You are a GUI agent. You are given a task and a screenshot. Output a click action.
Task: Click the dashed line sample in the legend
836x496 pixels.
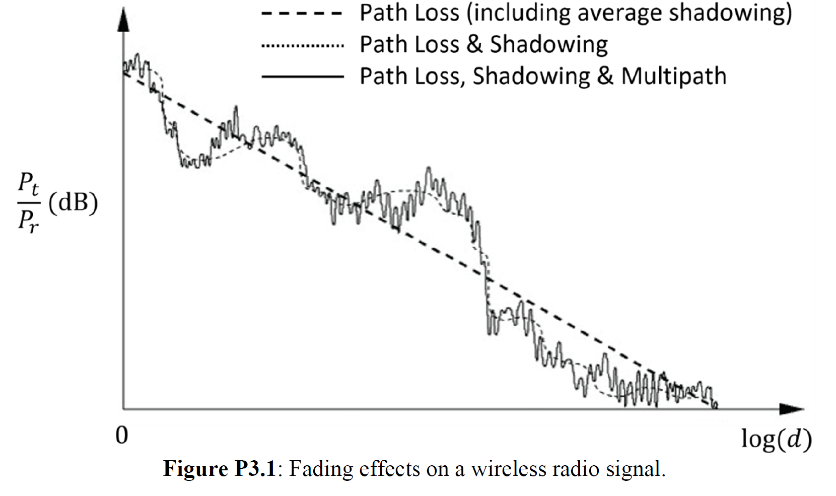coord(302,14)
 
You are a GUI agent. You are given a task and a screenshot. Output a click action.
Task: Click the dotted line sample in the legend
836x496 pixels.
coord(302,46)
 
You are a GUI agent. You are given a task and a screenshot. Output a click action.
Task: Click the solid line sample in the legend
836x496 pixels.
coord(302,77)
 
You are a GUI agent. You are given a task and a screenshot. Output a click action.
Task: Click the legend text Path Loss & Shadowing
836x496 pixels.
coord(483,45)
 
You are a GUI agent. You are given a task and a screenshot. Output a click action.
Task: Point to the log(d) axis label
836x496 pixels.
coord(776,440)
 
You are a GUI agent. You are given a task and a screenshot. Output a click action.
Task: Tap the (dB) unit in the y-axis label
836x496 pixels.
coord(73,203)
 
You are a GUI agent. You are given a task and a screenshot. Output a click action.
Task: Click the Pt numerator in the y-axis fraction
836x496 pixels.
coord(28,184)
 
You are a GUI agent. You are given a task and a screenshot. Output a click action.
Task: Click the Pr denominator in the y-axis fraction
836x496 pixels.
coord(28,220)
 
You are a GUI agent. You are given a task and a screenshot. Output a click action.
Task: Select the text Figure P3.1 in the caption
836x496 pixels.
coord(220,469)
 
